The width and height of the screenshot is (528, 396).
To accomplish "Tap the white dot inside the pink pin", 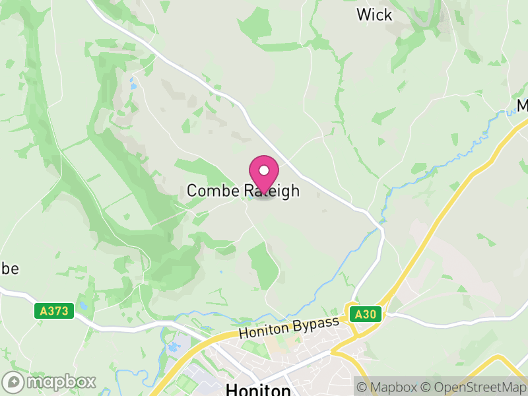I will tap(264, 170).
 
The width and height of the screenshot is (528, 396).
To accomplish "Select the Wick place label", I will tap(374, 15).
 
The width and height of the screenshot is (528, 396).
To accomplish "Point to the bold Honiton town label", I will tap(258, 390).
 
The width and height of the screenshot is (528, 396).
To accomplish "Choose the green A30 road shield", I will tap(365, 314).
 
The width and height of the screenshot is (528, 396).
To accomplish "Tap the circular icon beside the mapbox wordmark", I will tap(15, 381).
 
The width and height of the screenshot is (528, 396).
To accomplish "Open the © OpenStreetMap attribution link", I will tap(472, 387).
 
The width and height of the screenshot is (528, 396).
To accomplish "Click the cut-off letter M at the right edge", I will tap(522, 106).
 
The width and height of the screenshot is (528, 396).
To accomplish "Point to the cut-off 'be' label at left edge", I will tap(9, 269).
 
